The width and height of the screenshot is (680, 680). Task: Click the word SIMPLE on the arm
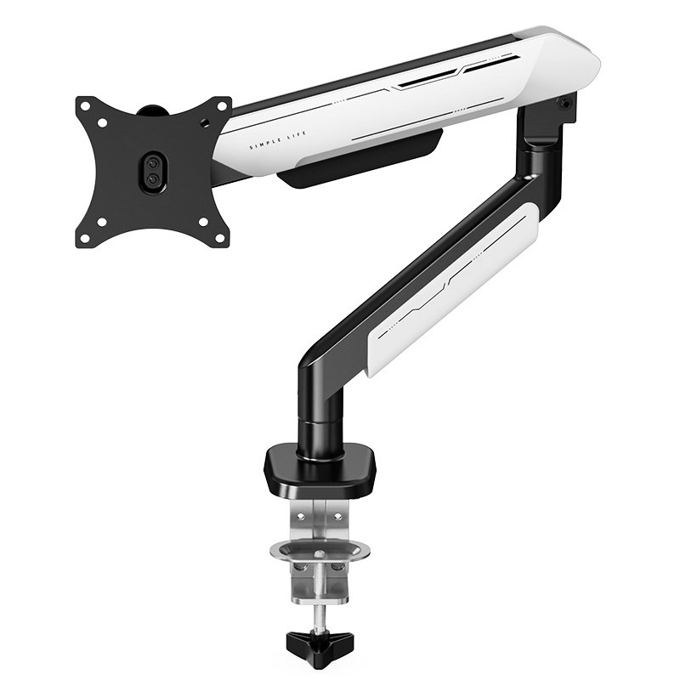click(265, 141)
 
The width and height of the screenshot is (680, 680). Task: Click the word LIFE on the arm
click(297, 134)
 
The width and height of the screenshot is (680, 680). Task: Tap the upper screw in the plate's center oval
click(152, 164)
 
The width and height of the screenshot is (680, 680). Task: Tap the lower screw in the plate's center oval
click(152, 178)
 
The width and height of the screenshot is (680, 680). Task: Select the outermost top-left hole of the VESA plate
click(85, 105)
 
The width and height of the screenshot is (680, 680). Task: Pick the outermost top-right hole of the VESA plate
click(222, 105)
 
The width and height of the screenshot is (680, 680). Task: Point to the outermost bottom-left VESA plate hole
click(85, 238)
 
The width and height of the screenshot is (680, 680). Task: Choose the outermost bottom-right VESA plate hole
click(220, 238)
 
